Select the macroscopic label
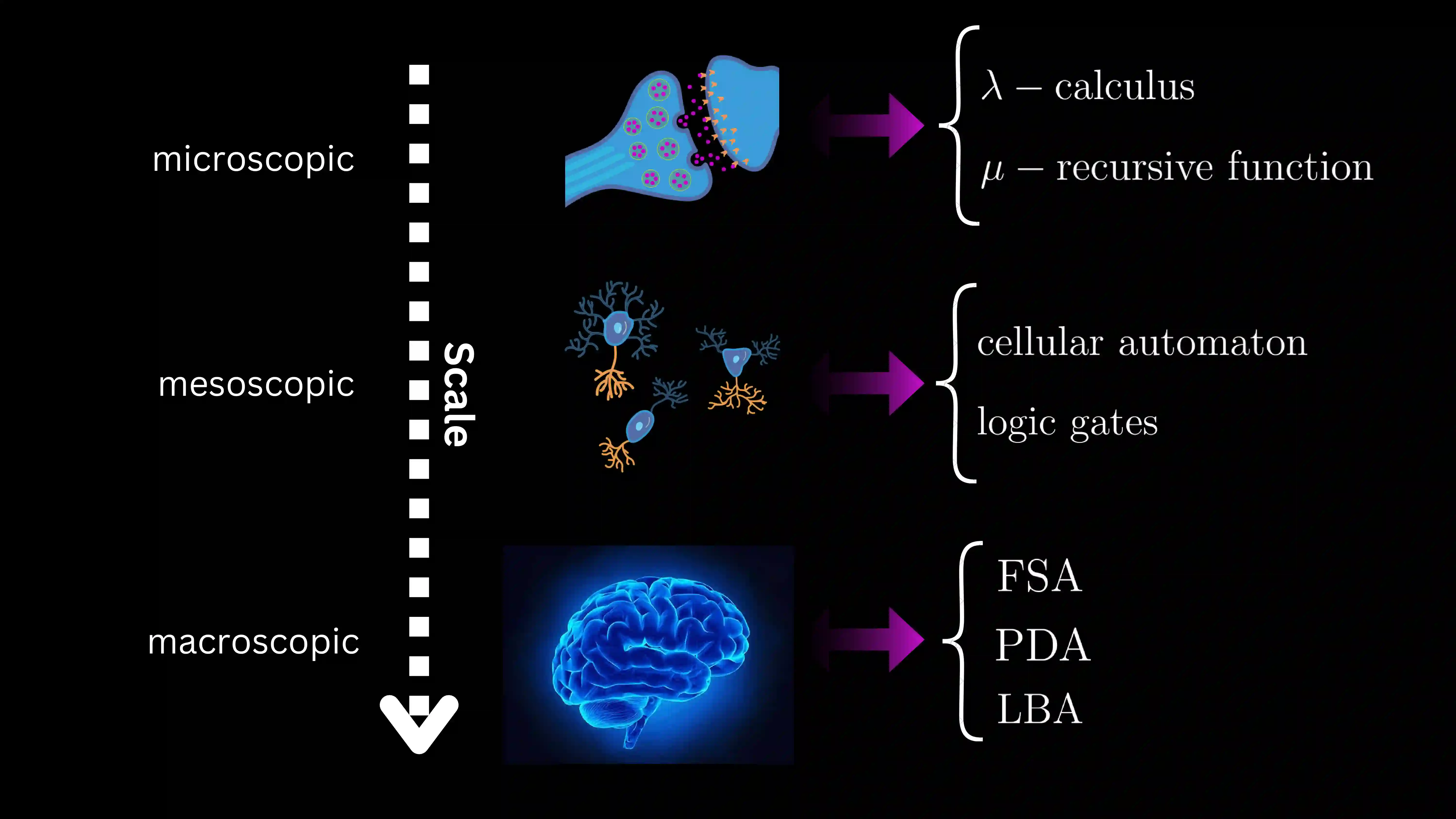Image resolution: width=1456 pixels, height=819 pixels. [x=253, y=643]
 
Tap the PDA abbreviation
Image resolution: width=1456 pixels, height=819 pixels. [x=1042, y=645]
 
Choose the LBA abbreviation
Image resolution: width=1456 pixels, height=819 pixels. [x=1039, y=709]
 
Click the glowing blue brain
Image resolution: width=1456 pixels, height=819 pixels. [x=650, y=656]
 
